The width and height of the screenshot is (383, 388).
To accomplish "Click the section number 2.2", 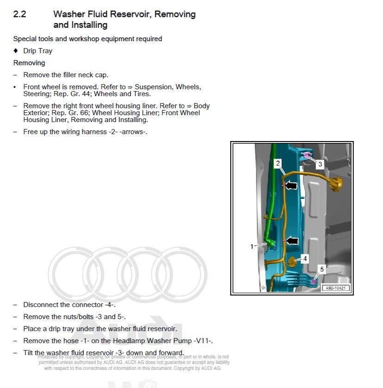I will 19,14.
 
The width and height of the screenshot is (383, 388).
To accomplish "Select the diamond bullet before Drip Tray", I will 16,51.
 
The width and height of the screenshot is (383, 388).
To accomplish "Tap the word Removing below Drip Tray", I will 29,63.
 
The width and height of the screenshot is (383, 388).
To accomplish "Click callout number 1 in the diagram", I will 252,246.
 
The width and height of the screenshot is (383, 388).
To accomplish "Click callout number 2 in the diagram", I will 278,163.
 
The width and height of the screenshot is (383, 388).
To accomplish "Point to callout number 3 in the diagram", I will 320,164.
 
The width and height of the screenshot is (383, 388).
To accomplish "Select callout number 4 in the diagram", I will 305,259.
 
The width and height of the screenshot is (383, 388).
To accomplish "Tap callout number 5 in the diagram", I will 322,268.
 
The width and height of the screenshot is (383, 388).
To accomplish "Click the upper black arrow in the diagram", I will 290,185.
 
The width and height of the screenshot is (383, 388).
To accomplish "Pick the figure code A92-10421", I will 336,288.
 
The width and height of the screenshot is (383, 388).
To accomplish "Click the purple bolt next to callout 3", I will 307,156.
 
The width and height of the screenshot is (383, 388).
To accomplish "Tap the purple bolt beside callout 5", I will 314,281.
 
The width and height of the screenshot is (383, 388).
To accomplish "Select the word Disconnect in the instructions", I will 41,305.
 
